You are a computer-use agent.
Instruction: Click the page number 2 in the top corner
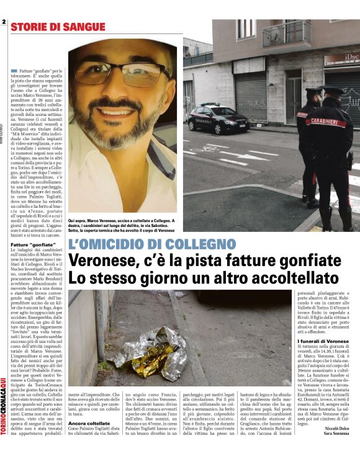pyautogui.click(x=4, y=22)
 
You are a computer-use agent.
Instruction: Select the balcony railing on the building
pyautogui.click(x=287, y=35)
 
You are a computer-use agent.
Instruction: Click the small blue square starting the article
pyautogui.click(x=14, y=73)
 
